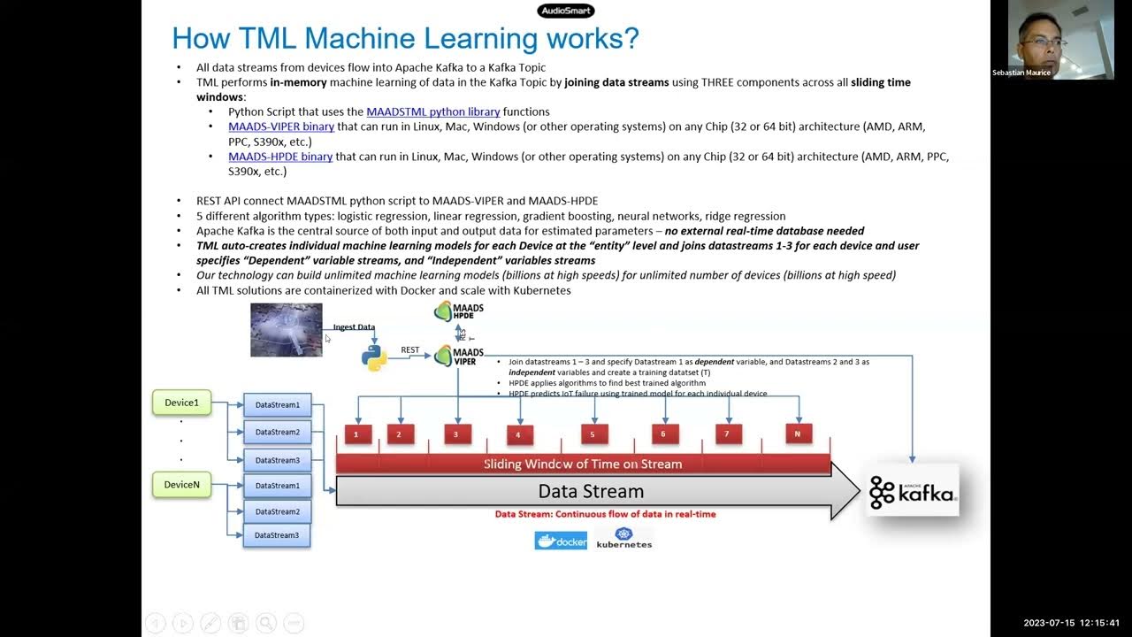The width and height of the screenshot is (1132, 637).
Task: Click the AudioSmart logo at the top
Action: click(566, 11)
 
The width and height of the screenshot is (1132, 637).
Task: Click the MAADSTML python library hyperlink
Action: click(433, 111)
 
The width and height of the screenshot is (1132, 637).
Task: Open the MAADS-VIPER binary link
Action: click(281, 127)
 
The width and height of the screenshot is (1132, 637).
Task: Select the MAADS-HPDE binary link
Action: click(280, 157)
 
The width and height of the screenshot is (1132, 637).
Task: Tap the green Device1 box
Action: click(181, 403)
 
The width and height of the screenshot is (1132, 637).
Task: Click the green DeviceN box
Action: click(181, 485)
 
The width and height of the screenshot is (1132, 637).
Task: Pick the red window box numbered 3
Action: click(456, 434)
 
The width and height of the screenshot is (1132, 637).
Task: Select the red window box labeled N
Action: click(798, 434)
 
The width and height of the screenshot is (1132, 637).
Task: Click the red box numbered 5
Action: click(593, 434)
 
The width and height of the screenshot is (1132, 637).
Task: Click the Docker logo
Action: click(561, 541)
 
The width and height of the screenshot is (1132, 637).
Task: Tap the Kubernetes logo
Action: click(624, 539)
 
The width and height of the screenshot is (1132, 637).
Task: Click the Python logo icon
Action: click(374, 357)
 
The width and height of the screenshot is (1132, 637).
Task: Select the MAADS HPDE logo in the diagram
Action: click(458, 311)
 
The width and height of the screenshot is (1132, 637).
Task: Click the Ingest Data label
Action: click(354, 327)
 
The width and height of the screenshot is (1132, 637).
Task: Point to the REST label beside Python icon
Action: click(410, 350)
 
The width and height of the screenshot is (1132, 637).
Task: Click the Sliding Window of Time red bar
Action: click(583, 464)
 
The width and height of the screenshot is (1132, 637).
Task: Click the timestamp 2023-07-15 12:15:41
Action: click(1071, 623)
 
